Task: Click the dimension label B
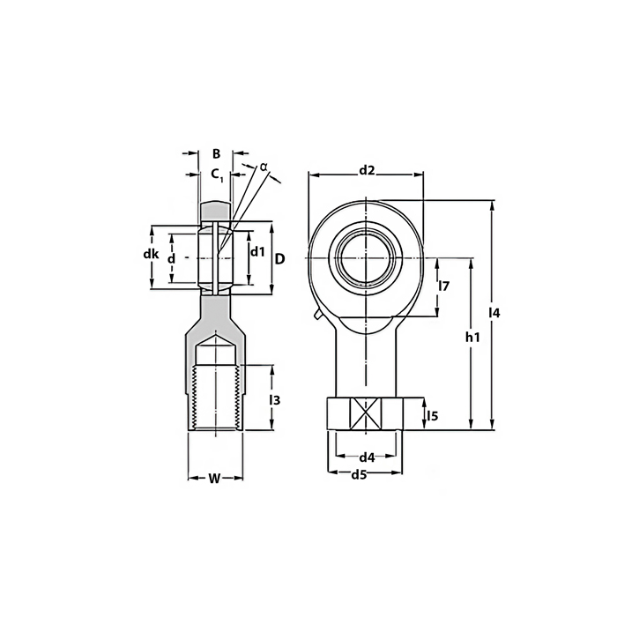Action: tap(216, 153)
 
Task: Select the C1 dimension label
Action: tap(216, 175)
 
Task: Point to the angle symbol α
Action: tap(263, 166)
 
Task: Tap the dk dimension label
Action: tap(151, 255)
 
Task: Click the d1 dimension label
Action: tap(257, 251)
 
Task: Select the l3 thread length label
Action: tap(274, 399)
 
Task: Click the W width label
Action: tap(214, 479)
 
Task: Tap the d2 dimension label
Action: tap(368, 170)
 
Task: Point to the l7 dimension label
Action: tap(444, 286)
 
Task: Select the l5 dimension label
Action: tap(432, 415)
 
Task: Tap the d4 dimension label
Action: tap(368, 457)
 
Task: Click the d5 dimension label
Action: tap(359, 475)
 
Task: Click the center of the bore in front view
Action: tap(367, 256)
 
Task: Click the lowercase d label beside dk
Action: tap(172, 257)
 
